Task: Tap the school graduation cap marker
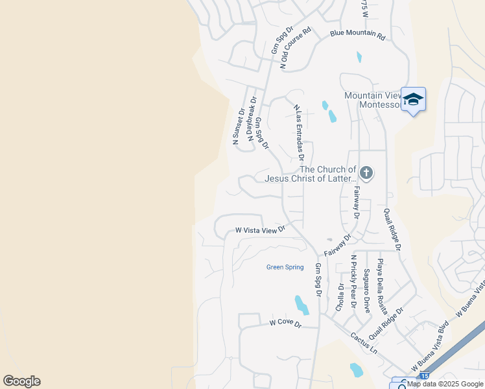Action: tap(413, 100)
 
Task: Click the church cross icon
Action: tap(366, 172)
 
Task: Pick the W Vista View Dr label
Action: tap(260, 230)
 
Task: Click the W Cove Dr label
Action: tap(286, 322)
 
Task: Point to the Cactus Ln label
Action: tap(364, 342)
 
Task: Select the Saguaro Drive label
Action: tap(367, 290)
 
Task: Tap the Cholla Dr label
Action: tap(340, 298)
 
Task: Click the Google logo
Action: tap(21, 381)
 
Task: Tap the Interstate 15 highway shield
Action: tap(424, 376)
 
